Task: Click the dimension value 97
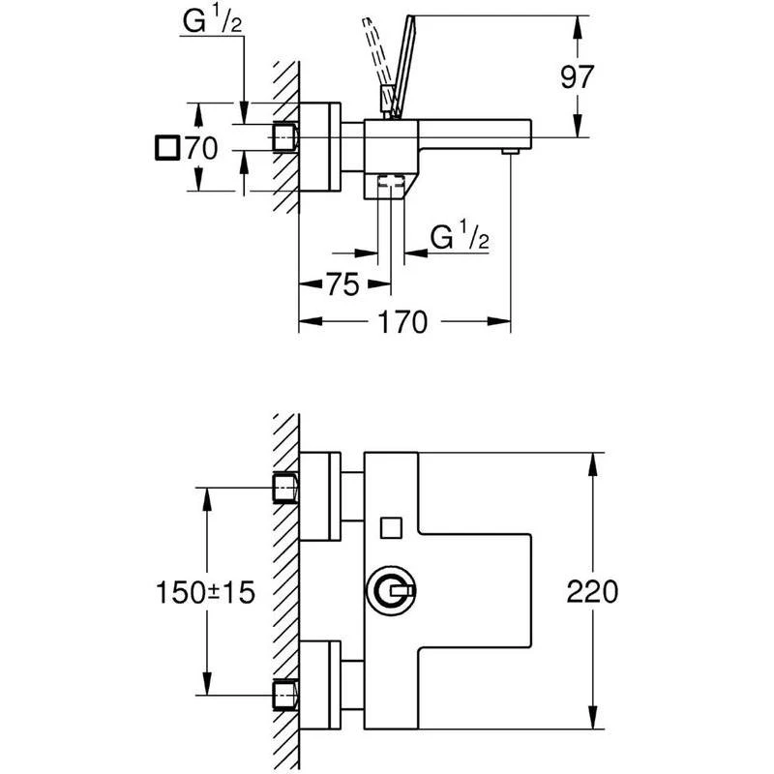[x=578, y=76]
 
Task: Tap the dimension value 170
[x=402, y=322]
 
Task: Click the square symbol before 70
[x=167, y=148]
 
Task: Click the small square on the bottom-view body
[x=390, y=527]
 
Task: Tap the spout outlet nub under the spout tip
[x=510, y=152]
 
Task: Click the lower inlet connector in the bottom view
[x=284, y=695]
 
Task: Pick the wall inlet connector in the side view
[x=284, y=137]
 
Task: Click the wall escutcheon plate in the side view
[x=318, y=148]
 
